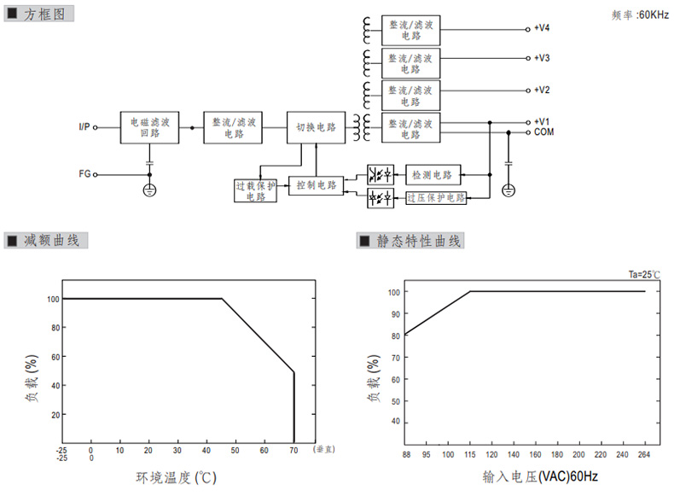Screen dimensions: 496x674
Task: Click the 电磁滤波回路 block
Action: pos(150,128)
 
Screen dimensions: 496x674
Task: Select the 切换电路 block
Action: pos(316,128)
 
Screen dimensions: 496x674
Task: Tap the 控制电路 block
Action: pos(316,184)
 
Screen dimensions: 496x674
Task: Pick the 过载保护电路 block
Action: pos(256,190)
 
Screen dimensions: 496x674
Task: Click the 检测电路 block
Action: pos(433,174)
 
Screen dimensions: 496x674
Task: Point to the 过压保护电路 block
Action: pos(436,197)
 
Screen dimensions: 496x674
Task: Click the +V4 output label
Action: pos(543,28)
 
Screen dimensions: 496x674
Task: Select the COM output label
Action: pos(544,132)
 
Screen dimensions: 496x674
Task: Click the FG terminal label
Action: pos(84,174)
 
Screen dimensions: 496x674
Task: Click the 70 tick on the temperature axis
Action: pos(293,449)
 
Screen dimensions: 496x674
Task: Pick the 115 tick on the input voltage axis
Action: pos(471,454)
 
